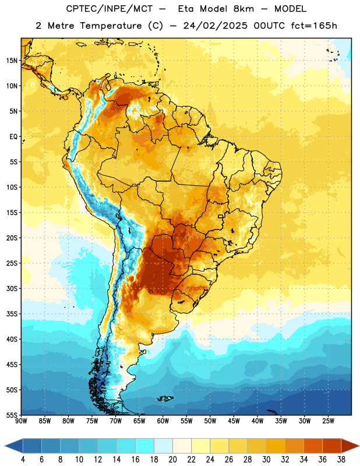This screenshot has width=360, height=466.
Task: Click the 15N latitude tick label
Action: point(12,61)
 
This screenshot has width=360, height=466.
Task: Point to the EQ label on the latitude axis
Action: point(13,137)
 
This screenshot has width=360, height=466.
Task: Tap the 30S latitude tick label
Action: point(12,289)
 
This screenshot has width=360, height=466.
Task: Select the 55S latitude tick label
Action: point(12,415)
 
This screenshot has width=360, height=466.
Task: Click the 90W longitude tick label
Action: point(21,421)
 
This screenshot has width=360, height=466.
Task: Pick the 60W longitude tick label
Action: point(163,421)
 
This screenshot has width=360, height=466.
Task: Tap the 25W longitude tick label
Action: point(328,421)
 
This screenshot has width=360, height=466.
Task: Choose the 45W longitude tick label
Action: point(234,421)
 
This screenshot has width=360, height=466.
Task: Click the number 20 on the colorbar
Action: point(172,460)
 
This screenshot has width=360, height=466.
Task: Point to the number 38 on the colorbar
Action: point(341,460)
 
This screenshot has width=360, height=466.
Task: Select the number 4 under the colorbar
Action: point(23,460)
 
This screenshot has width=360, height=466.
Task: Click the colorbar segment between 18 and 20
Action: point(164,446)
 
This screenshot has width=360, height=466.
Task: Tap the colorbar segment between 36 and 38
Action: point(332,446)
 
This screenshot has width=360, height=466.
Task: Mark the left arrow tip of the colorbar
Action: point(5,446)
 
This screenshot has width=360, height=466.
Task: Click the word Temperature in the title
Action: point(111,26)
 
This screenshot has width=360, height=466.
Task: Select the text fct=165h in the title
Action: point(314,26)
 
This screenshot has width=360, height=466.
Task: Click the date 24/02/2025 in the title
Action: point(215,26)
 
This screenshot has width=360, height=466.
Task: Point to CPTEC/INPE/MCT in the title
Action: point(110,9)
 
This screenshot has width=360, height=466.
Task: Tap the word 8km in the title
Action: point(243,9)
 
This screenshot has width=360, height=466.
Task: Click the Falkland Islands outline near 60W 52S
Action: point(165,398)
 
